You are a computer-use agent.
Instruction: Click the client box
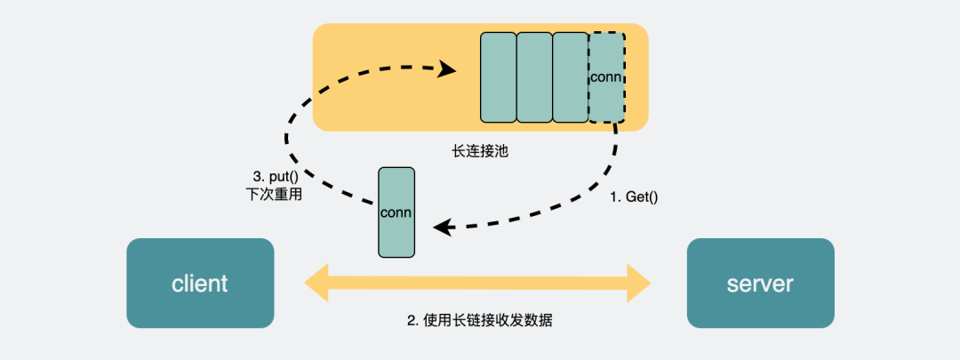(x=200, y=283)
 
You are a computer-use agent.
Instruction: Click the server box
(x=760, y=283)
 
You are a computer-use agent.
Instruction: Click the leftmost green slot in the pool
(x=498, y=77)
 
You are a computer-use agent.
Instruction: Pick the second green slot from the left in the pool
(x=534, y=77)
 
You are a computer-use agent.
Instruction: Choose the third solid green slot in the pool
(x=570, y=77)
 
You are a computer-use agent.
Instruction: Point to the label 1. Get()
(x=634, y=197)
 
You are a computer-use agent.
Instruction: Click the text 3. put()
(x=274, y=176)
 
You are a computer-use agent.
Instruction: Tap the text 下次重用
(x=274, y=194)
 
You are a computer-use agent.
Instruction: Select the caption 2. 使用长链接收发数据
(x=480, y=320)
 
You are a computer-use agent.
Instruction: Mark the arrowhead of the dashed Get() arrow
(x=442, y=228)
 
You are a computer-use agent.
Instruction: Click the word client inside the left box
(x=200, y=284)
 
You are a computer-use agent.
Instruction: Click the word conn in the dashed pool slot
(x=606, y=76)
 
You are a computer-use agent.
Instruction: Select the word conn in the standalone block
(x=396, y=212)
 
